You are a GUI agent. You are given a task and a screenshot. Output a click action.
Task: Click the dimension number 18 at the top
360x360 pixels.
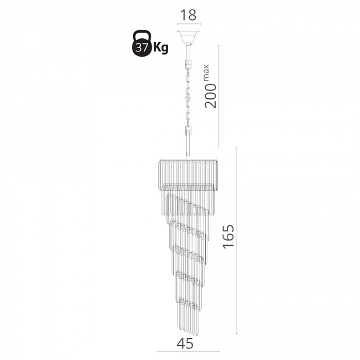(189, 15)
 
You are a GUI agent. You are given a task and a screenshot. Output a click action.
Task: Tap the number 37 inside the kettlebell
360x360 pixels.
(141, 47)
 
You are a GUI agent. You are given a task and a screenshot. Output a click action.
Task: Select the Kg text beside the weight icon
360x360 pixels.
(161, 48)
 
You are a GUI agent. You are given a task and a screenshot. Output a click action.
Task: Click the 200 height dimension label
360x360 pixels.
(211, 96)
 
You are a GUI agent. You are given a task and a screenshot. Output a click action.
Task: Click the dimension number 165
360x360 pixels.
(229, 236)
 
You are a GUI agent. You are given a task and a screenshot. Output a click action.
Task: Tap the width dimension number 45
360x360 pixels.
(185, 344)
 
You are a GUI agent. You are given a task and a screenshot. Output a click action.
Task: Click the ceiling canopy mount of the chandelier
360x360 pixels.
(188, 37)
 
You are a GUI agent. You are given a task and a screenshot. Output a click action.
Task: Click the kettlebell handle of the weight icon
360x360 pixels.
(142, 35)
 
